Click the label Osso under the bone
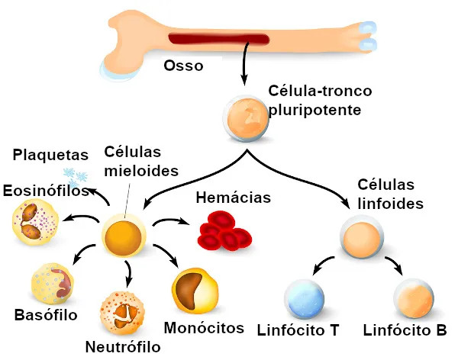(183, 66)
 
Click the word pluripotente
(315, 109)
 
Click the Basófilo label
(46, 314)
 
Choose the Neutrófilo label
(122, 347)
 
